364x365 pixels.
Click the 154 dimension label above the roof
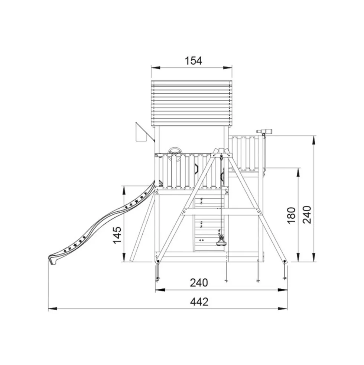point(194,61)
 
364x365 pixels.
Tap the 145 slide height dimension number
point(117,235)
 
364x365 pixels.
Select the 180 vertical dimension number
point(292,215)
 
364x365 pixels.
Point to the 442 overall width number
point(199,302)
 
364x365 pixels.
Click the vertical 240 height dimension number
point(307,215)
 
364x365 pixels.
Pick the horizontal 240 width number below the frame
point(199,283)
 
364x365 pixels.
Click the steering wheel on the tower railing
point(175,154)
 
